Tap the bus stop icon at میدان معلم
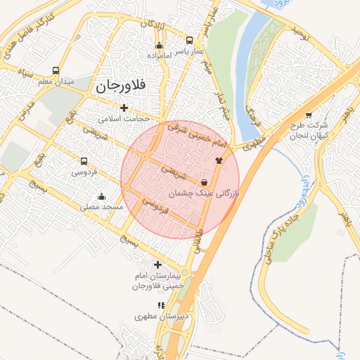click(x=56, y=71)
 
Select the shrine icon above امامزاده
click(x=159, y=45)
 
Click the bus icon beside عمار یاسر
click(x=189, y=40)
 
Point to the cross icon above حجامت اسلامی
click(x=124, y=108)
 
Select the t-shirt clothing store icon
click(x=218, y=160)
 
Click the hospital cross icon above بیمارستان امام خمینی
click(x=157, y=264)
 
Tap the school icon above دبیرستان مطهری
click(x=161, y=306)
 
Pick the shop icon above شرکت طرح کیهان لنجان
click(x=309, y=116)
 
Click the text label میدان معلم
click(x=55, y=82)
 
